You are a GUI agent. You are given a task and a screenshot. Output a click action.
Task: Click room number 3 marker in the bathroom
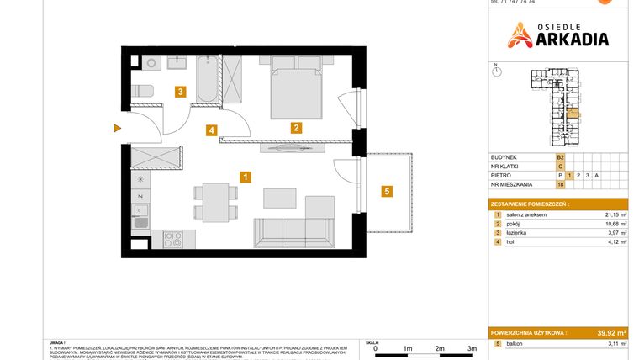(179, 93)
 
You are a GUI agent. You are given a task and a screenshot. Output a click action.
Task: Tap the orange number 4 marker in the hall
(213, 130)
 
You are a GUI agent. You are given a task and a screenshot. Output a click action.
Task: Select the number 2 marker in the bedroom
(296, 128)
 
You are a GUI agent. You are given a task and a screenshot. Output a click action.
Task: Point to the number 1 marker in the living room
(244, 177)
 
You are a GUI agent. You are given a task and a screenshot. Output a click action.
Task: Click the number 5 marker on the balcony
(387, 191)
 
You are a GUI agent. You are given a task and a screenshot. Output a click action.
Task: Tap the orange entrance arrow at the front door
(118, 129)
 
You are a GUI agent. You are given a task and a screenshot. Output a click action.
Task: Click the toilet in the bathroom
(142, 91)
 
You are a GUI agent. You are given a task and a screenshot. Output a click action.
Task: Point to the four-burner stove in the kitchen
(172, 239)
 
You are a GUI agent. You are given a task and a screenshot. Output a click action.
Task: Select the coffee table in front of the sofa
(280, 198)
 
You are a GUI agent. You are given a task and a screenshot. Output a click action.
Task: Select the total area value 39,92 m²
(609, 332)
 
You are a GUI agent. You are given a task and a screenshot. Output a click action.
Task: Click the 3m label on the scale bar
(473, 347)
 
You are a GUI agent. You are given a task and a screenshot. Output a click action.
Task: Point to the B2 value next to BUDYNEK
(560, 157)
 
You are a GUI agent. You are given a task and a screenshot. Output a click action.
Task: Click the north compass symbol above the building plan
(496, 73)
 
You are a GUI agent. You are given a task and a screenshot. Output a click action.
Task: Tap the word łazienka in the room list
(516, 234)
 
